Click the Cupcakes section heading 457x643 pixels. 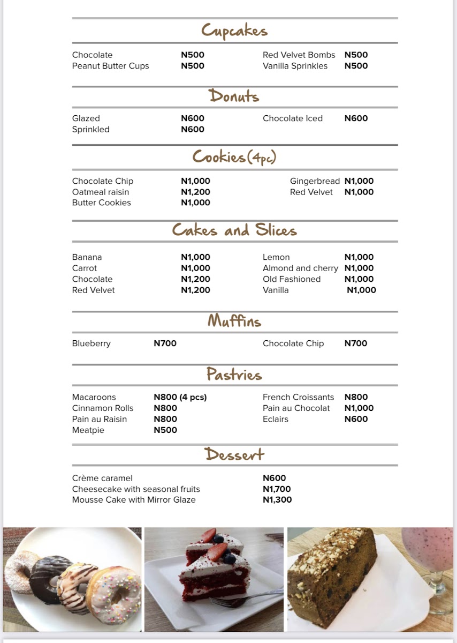(234, 31)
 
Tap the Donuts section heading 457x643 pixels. (234, 96)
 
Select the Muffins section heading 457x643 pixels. (234, 321)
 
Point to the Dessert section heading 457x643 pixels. (234, 454)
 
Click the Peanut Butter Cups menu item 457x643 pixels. (110, 66)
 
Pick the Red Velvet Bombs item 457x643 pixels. (299, 55)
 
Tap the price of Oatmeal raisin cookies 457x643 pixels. (195, 192)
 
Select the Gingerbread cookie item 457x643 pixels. (315, 181)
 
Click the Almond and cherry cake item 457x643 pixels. (300, 268)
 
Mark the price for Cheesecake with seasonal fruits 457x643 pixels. (277, 489)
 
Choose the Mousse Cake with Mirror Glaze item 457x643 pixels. (134, 499)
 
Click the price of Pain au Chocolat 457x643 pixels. (359, 408)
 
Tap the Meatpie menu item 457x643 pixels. (88, 430)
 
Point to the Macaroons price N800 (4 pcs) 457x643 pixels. (180, 397)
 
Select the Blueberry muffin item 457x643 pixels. (92, 343)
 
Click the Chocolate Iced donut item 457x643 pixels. (293, 118)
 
